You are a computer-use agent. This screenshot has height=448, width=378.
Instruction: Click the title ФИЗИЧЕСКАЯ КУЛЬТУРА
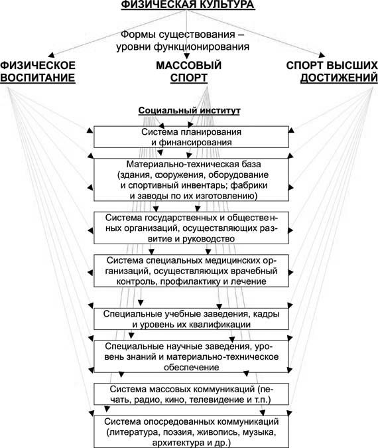[188, 5]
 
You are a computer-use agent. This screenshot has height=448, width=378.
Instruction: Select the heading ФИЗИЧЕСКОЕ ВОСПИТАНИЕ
[38, 72]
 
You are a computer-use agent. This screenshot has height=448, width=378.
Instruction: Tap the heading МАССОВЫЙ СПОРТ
[189, 72]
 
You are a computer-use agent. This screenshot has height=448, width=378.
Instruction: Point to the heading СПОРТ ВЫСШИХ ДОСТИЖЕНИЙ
[332, 72]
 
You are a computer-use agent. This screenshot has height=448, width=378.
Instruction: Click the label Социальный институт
[189, 111]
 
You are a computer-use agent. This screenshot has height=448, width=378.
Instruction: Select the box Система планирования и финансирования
[191, 137]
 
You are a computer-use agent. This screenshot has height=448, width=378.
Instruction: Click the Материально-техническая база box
[191, 180]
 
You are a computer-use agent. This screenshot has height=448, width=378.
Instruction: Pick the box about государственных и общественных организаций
[191, 228]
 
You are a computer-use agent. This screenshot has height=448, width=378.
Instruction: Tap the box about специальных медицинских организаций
[191, 271]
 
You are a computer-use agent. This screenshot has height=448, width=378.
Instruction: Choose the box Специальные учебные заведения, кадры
[191, 319]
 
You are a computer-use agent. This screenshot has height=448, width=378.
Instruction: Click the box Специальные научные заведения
[191, 356]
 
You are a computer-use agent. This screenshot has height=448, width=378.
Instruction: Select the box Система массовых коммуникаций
[191, 394]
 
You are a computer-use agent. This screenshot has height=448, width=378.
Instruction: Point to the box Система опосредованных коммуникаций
[191, 431]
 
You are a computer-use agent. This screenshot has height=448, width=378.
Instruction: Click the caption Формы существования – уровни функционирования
[183, 40]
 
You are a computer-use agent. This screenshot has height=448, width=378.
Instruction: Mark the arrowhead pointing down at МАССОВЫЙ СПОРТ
[187, 56]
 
